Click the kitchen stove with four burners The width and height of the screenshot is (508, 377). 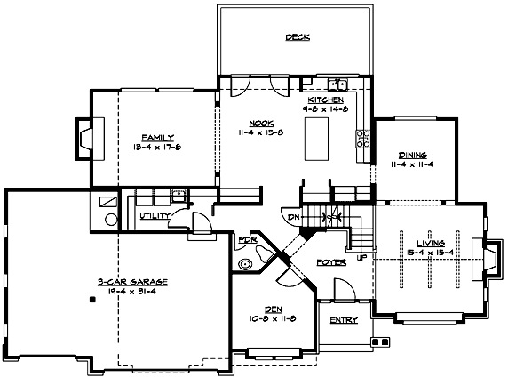tap(362, 139)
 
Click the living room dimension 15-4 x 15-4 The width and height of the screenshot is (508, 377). tap(430, 253)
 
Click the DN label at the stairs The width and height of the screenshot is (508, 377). tap(292, 214)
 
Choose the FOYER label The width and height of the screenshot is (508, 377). tap(330, 263)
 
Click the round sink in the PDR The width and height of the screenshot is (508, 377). tap(247, 264)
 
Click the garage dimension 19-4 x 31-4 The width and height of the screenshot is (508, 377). tap(120, 291)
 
